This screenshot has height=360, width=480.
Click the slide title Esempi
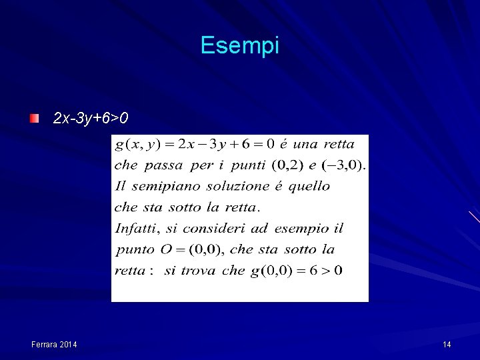click(x=239, y=45)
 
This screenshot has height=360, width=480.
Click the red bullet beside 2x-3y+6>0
click(x=34, y=119)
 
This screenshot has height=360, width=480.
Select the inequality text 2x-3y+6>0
click(x=91, y=119)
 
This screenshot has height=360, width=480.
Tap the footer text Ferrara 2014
click(x=54, y=344)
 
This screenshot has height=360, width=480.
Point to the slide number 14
click(x=447, y=344)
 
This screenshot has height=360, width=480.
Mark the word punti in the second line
click(x=247, y=165)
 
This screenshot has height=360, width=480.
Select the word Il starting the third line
click(x=120, y=185)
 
